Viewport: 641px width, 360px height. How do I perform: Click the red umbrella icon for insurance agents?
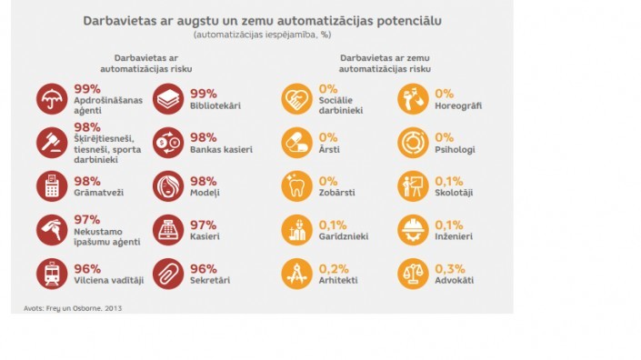(52, 99)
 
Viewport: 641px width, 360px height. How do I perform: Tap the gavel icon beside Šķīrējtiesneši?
(52, 143)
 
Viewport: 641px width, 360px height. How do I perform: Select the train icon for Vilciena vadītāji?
(52, 274)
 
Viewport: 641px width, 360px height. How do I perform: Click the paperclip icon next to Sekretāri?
(168, 274)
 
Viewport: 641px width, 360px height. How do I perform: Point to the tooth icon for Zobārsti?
(296, 186)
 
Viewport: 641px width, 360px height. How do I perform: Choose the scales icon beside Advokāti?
(413, 274)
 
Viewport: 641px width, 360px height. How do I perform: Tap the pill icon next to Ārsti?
(296, 143)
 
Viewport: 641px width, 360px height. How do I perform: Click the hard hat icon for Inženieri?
(413, 230)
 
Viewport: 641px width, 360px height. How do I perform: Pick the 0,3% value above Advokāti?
(450, 269)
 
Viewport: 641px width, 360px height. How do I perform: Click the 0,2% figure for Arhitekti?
(334, 269)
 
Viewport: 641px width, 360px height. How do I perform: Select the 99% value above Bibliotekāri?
(203, 94)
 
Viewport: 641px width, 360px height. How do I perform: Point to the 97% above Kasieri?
(203, 225)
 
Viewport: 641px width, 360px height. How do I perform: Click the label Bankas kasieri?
(221, 150)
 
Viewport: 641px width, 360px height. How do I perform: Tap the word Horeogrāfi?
(458, 105)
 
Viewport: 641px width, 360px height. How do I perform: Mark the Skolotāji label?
(454, 193)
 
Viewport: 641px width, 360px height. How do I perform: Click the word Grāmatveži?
(98, 193)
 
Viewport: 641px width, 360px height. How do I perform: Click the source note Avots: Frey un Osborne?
(73, 308)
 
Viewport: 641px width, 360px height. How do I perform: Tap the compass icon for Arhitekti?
(296, 274)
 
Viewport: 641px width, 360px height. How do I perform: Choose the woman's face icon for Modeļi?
(168, 186)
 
